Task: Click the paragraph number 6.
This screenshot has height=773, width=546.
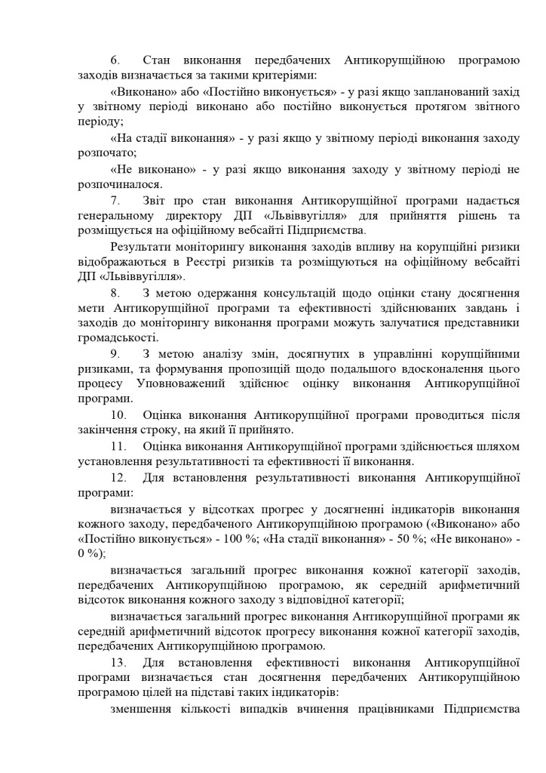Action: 115,60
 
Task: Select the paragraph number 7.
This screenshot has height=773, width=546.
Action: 115,201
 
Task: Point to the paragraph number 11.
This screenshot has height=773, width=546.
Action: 118,446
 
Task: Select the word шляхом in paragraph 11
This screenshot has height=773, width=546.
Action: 498,446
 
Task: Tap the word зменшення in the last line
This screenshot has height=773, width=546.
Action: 143,709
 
